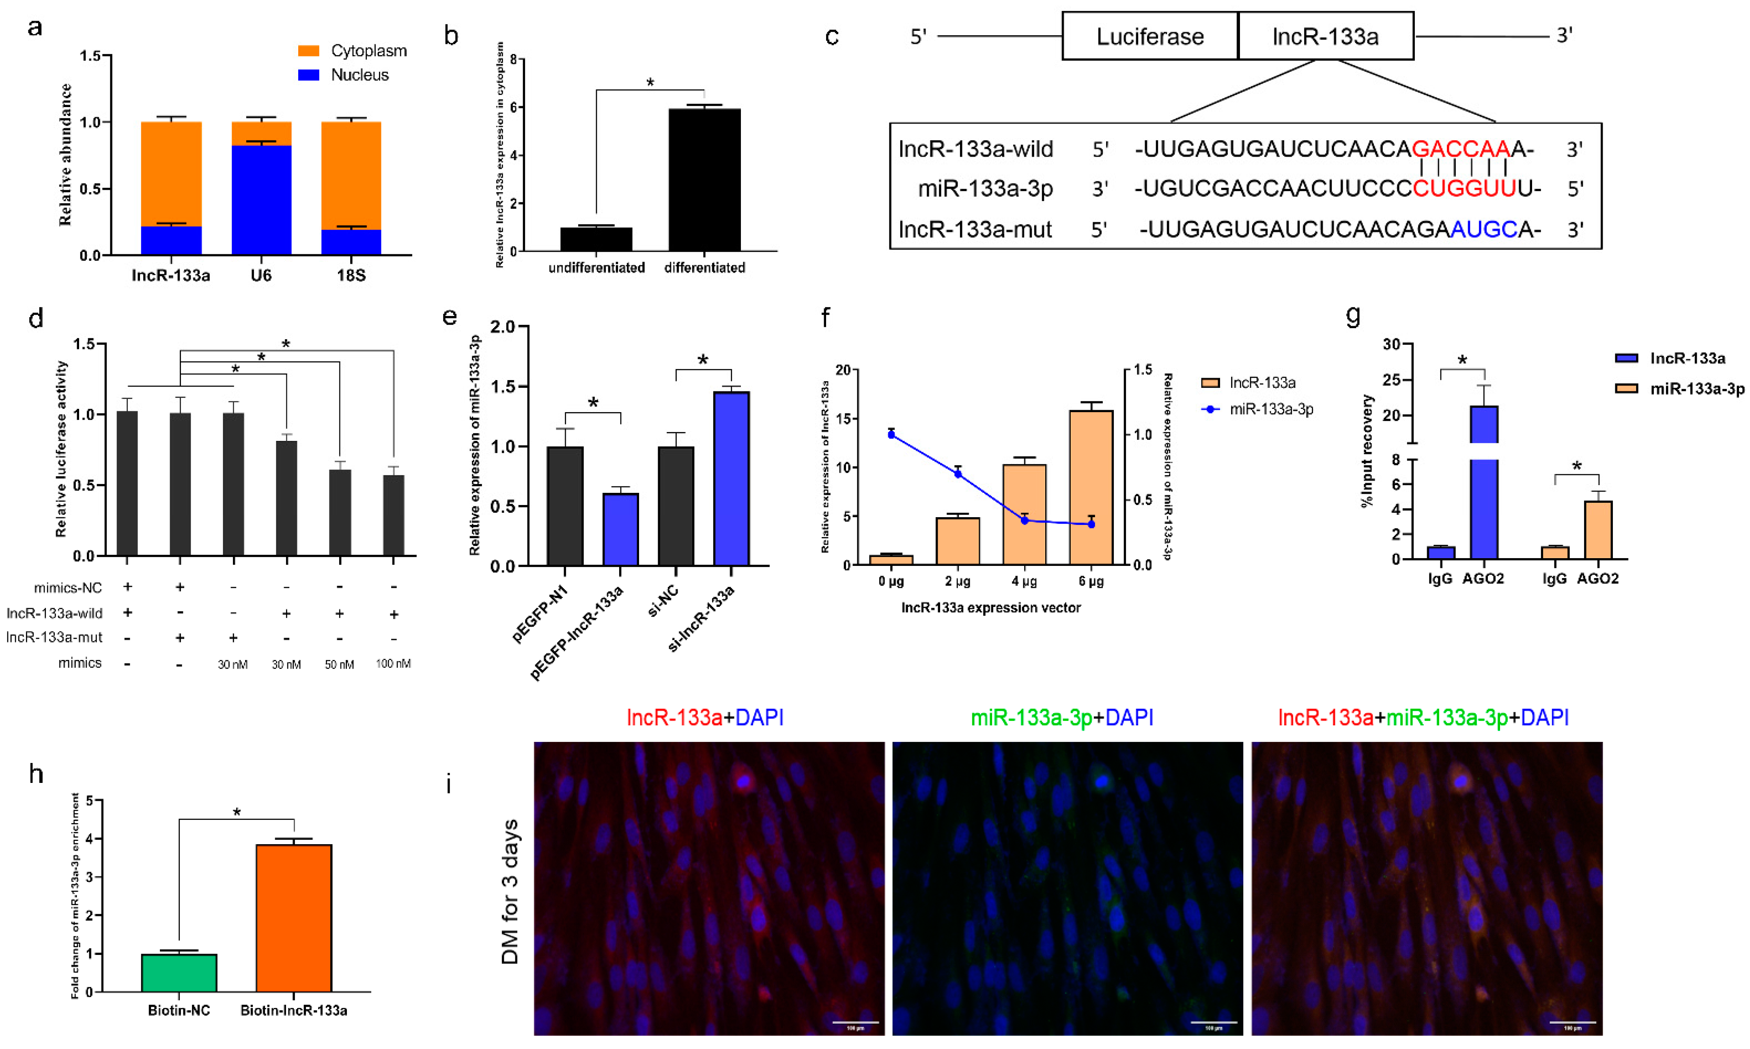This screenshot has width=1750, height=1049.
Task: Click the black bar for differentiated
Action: [704, 180]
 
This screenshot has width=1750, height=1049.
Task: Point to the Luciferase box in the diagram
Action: [1150, 36]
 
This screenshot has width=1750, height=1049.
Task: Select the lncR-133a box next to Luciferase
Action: [1325, 36]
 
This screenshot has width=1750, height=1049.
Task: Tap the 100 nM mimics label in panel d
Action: [393, 664]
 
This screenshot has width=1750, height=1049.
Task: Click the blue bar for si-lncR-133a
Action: [731, 479]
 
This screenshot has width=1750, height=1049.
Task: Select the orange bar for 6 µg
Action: [1091, 487]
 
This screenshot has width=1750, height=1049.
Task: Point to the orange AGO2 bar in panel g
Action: [1598, 530]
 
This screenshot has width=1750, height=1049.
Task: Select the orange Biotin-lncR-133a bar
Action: [293, 918]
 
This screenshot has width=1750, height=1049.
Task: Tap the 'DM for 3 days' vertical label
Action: [510, 892]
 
